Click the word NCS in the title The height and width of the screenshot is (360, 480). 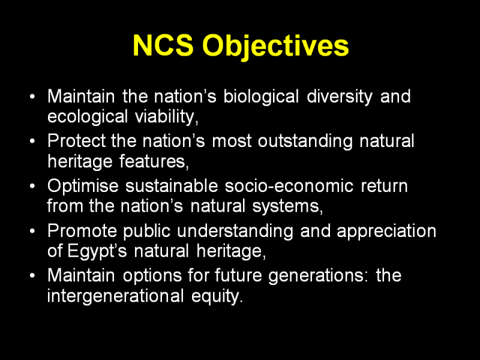point(163,46)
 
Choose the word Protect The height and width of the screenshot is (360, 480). point(76,141)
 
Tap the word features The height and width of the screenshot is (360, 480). point(154,161)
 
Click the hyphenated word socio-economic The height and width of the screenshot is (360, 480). point(289,186)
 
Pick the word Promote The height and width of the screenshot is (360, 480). point(82,230)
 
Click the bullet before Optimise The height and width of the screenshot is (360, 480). point(32,186)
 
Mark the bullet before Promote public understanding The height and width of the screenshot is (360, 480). point(32,231)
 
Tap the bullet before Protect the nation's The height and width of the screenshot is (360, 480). point(32,141)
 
